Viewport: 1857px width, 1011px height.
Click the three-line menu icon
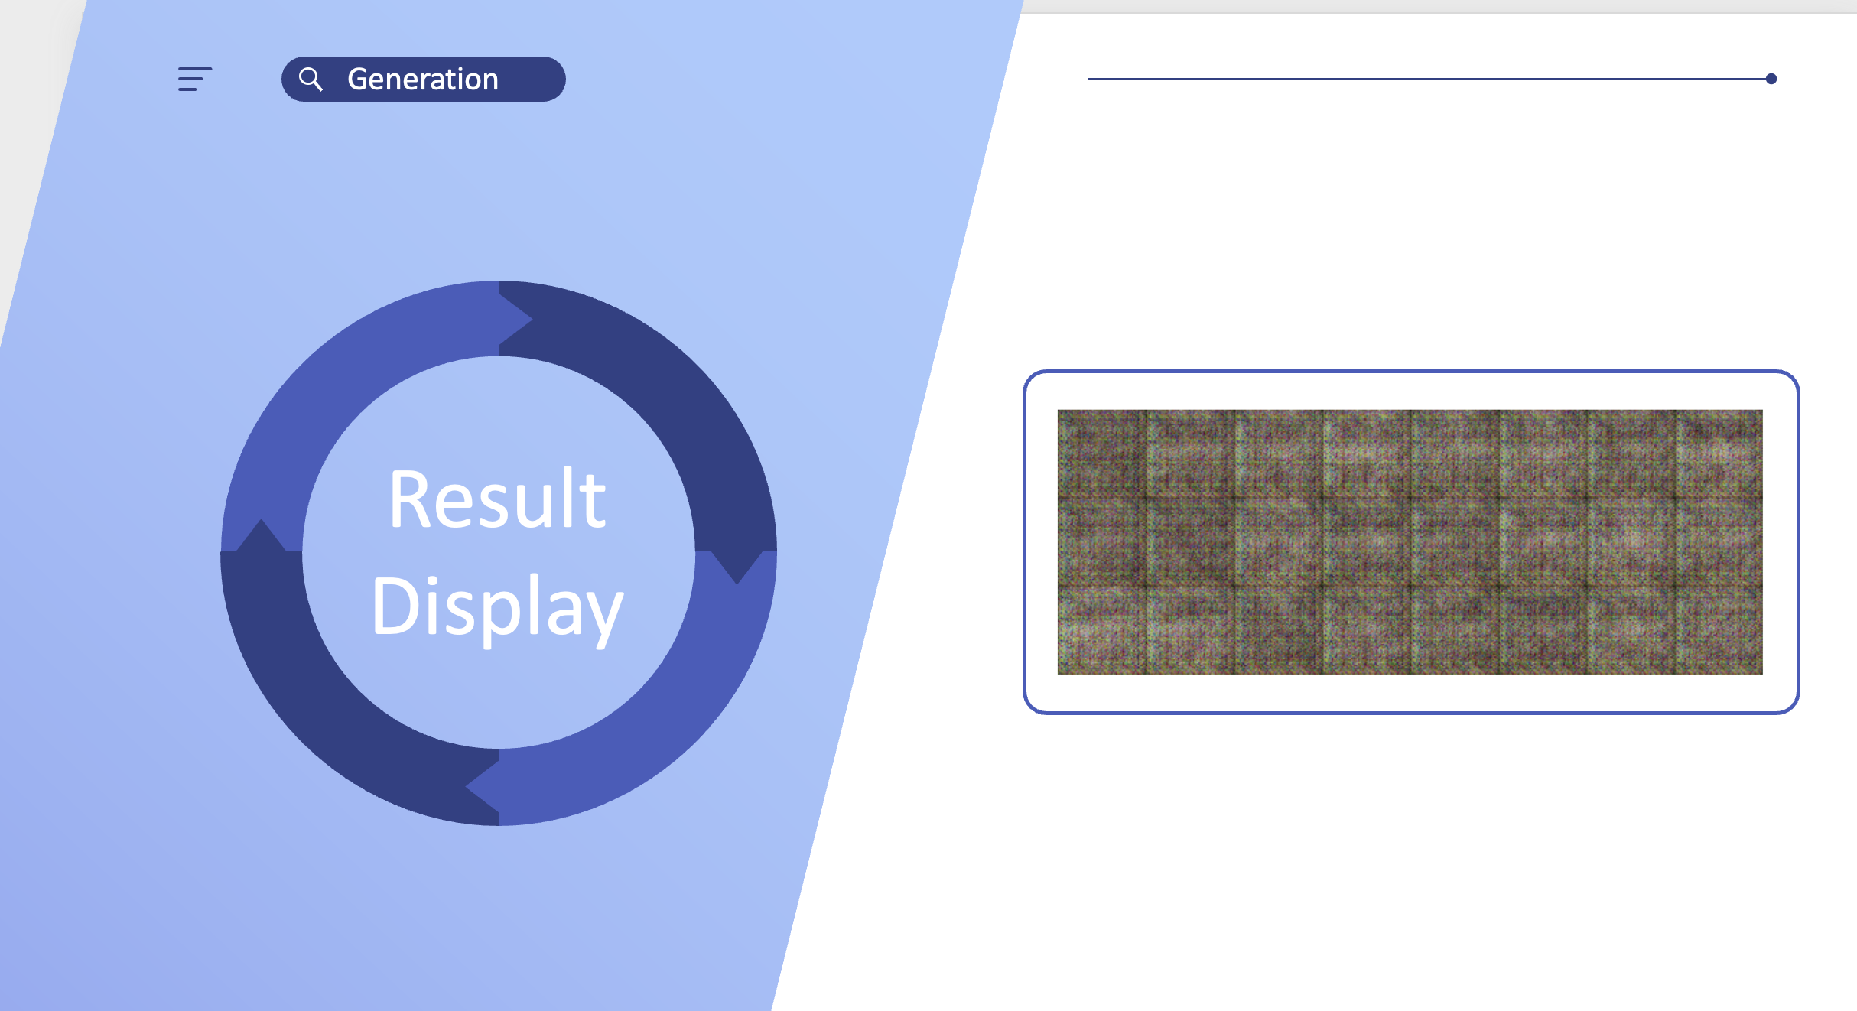click(x=195, y=80)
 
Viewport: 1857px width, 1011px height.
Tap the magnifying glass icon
click(x=311, y=79)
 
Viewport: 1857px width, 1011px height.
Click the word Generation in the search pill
click(x=423, y=80)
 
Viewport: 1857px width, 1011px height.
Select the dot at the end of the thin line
click(x=1771, y=79)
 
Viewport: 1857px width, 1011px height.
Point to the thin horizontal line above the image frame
click(x=1429, y=79)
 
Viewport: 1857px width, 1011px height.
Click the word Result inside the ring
click(x=498, y=499)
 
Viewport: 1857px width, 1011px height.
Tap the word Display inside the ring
click(x=498, y=608)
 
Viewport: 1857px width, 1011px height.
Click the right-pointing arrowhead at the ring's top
click(x=514, y=319)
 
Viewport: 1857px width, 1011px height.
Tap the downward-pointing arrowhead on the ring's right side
click(x=737, y=566)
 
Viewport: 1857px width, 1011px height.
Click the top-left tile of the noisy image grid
click(x=1101, y=453)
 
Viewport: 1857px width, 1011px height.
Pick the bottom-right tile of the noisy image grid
click(x=1719, y=630)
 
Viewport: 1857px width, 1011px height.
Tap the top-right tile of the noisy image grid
click(x=1719, y=453)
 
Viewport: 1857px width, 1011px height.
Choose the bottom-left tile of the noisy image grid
click(x=1101, y=630)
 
